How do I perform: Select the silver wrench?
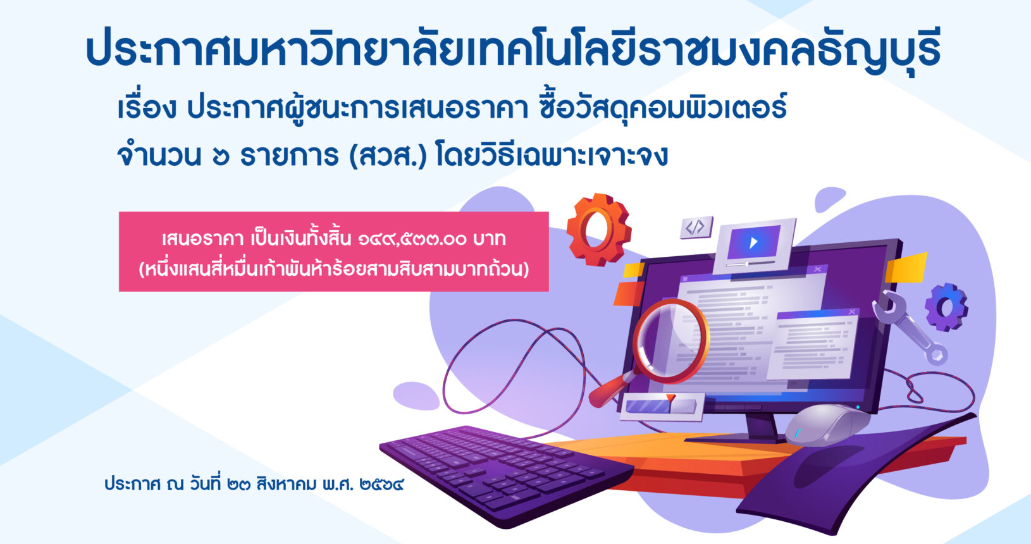[909, 328]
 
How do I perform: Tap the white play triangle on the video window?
[753, 242]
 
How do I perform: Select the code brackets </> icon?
[696, 227]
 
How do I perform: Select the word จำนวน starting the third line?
[159, 156]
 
